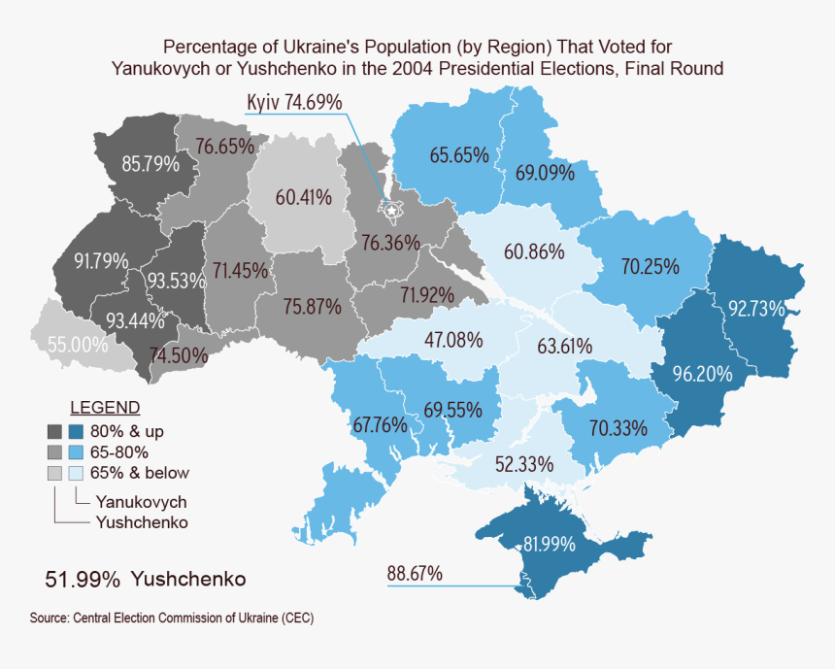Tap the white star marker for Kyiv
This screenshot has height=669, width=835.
[392, 209]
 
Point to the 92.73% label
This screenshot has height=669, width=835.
[756, 309]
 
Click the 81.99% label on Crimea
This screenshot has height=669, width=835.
[551, 544]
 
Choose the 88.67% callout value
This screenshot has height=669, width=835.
[415, 574]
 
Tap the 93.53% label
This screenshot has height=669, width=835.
[176, 281]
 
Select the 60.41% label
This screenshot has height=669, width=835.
[304, 197]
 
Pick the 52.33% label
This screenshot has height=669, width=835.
[523, 463]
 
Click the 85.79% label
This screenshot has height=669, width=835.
[150, 164]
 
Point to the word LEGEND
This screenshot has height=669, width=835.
[105, 407]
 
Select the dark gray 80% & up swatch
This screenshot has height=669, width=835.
[54, 430]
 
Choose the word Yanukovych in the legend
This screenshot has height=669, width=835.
[141, 502]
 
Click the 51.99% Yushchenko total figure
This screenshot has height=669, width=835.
[145, 579]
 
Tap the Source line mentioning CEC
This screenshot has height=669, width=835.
[171, 618]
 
